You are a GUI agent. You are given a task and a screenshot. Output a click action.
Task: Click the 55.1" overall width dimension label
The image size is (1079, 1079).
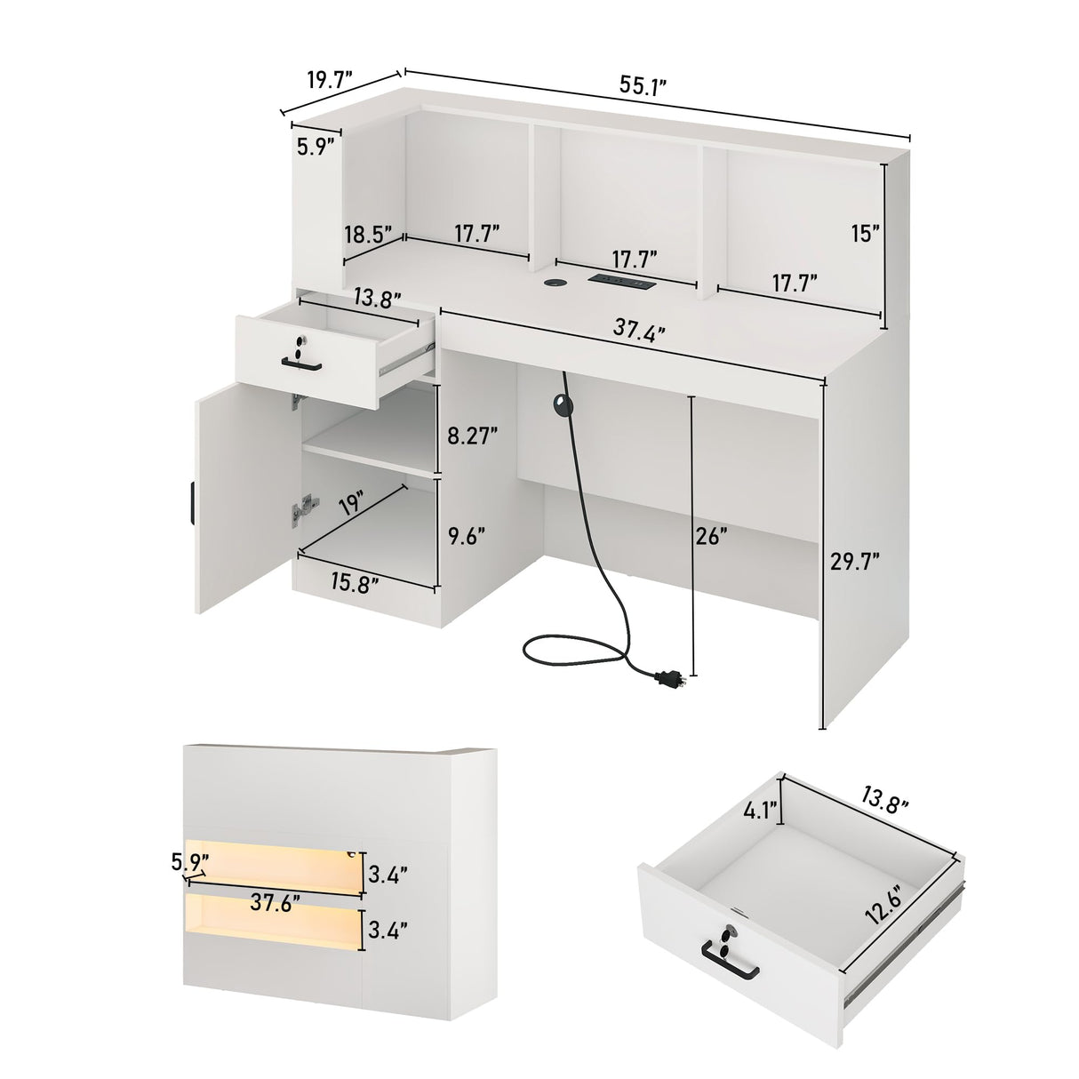pos(643,86)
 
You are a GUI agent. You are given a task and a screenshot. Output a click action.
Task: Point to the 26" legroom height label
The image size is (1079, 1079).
pos(713,537)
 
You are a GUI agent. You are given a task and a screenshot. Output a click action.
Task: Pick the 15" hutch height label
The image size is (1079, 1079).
pos(863,234)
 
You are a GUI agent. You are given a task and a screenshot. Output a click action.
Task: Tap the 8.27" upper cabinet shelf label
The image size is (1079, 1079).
pos(470,436)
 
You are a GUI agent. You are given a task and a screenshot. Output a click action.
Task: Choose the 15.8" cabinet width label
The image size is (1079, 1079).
pos(355,582)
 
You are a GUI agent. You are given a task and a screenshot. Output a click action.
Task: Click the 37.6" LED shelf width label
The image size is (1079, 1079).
pos(273,905)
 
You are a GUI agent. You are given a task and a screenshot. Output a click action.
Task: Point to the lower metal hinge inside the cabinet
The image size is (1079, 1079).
pos(305,507)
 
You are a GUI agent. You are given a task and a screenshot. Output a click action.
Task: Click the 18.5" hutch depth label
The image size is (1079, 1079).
pos(368,235)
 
